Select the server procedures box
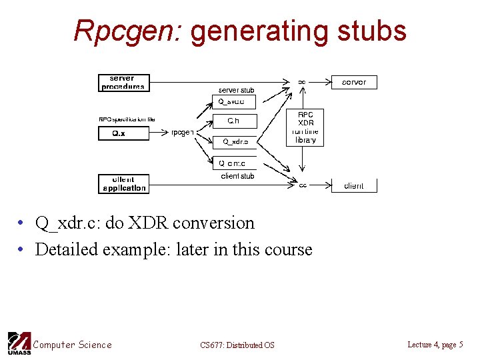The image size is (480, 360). point(122,82)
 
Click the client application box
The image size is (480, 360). point(123,184)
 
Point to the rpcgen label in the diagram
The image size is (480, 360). point(183,132)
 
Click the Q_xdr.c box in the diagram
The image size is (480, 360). point(235,141)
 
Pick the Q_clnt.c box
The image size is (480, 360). point(233,163)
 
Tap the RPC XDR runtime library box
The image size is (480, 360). point(305,127)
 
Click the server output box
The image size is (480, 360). point(354,82)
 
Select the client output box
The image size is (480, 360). point(354,185)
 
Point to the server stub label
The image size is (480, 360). point(237,90)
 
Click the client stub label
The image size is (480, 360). point(237,176)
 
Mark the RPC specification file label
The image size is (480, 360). point(127,119)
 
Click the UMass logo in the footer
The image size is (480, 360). point(18,343)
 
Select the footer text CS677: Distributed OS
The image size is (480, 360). point(237,345)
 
